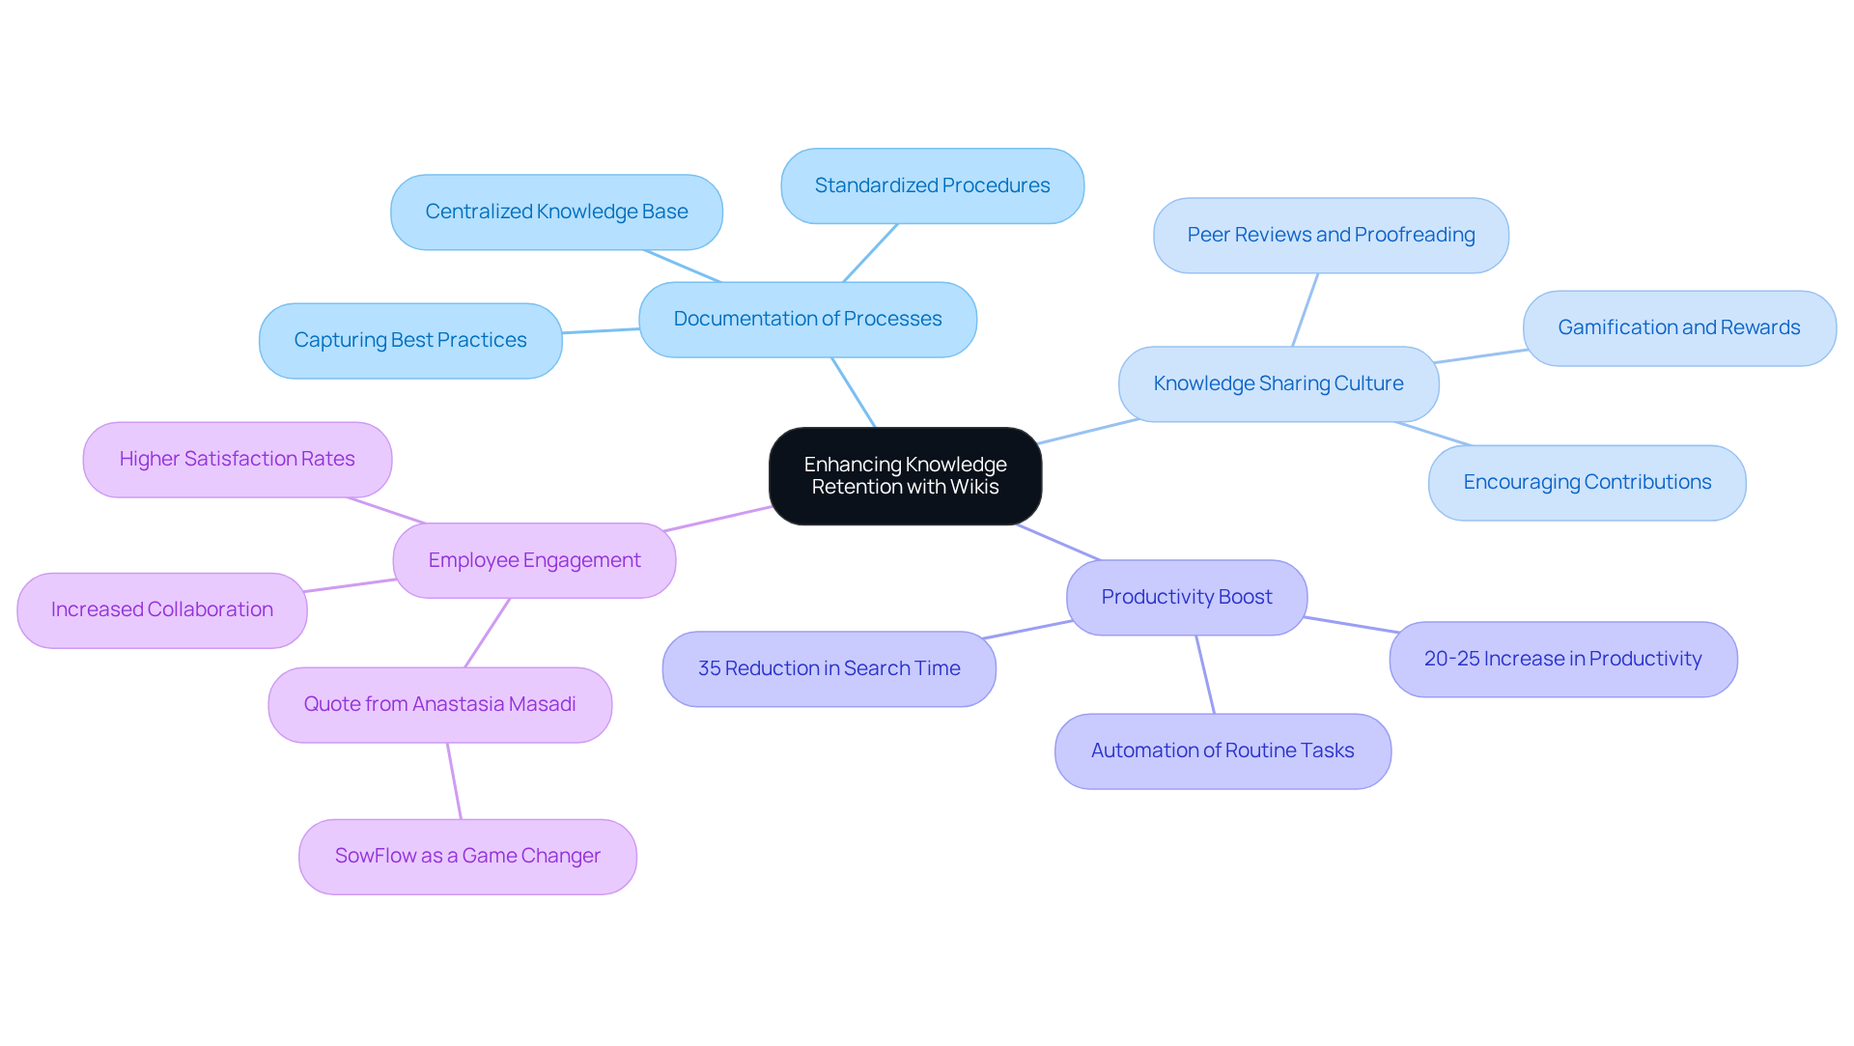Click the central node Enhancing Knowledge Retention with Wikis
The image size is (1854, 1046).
tap(905, 476)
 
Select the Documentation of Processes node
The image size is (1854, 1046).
tap(807, 320)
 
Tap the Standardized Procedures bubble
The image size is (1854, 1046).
tap(932, 185)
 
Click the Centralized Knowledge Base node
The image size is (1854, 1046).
tap(556, 212)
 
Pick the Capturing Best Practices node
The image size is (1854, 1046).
tap(410, 341)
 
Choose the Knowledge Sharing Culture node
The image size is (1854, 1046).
tap(1278, 384)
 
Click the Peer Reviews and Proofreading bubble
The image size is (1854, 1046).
tap(1331, 236)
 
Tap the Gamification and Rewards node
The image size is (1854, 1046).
tap(1678, 328)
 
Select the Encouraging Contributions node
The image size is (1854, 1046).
tap(1587, 483)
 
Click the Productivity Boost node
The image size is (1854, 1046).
tap(1186, 598)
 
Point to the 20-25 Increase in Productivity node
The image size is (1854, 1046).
tap(1562, 660)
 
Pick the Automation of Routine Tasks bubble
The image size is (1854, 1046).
tap(1222, 751)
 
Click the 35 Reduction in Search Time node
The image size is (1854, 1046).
tap(829, 669)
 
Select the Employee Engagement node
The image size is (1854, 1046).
tap(534, 561)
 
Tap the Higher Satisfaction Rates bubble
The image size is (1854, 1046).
tap(237, 460)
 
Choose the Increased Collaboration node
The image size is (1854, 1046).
tap(161, 610)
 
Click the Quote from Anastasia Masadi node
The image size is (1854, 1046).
tap(439, 705)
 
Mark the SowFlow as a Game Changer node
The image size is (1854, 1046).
tap(467, 857)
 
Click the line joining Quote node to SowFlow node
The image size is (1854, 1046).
tap(454, 781)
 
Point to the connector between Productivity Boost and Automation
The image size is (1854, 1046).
tap(1205, 675)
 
